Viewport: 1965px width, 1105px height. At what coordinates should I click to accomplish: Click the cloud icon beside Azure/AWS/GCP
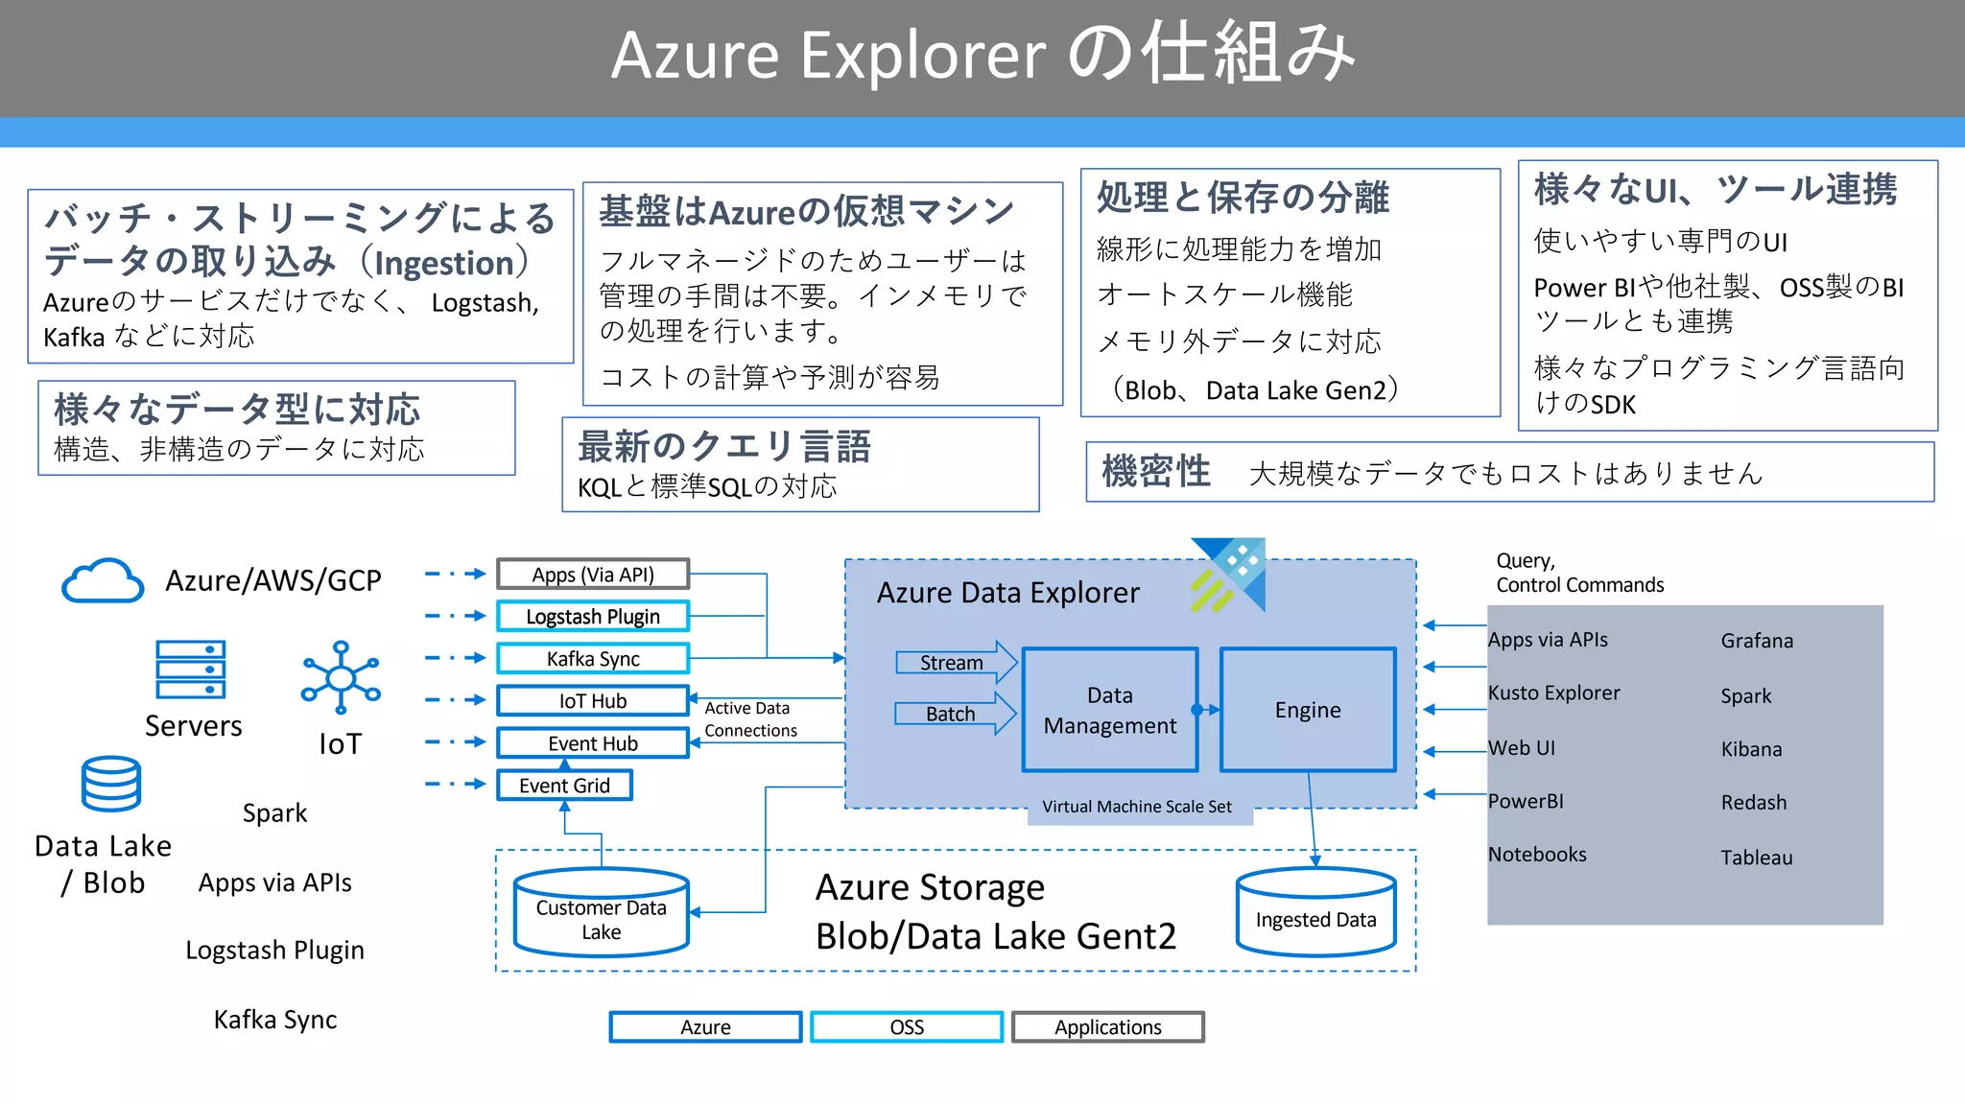tap(103, 580)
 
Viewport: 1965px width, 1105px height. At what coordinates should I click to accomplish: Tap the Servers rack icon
tap(191, 670)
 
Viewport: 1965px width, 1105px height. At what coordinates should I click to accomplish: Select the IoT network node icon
tap(341, 677)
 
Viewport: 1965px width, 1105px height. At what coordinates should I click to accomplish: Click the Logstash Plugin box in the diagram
tap(593, 616)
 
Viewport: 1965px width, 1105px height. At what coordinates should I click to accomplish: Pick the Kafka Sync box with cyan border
tap(593, 659)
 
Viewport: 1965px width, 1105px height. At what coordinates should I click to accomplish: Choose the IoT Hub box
tap(593, 701)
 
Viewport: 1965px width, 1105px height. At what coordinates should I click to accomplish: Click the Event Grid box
tap(564, 786)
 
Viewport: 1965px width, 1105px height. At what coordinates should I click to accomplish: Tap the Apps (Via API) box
tap(593, 575)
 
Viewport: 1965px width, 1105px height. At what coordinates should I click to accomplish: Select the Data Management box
tap(1110, 710)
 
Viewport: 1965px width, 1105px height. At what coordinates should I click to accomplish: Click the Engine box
tap(1308, 710)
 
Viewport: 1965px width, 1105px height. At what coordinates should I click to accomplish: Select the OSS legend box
tap(907, 1027)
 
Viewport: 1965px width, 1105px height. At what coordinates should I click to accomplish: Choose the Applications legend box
tap(1108, 1027)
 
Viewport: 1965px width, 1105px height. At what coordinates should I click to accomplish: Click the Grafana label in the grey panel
tap(1757, 641)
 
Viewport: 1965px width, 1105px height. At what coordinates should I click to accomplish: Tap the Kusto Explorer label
tap(1553, 693)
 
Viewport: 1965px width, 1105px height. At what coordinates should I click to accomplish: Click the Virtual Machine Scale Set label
tap(1137, 807)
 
